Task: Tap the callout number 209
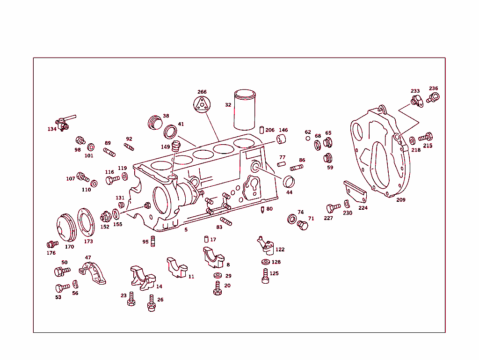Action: coord(401,200)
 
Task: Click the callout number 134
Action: coord(52,129)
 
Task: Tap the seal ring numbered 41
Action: coord(171,130)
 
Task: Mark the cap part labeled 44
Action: coord(290,181)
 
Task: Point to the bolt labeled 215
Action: coord(425,138)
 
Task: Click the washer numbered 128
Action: coord(266,262)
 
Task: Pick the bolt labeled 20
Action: coord(218,288)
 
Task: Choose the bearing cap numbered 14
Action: coord(143,278)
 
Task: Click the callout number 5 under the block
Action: coord(186,230)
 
